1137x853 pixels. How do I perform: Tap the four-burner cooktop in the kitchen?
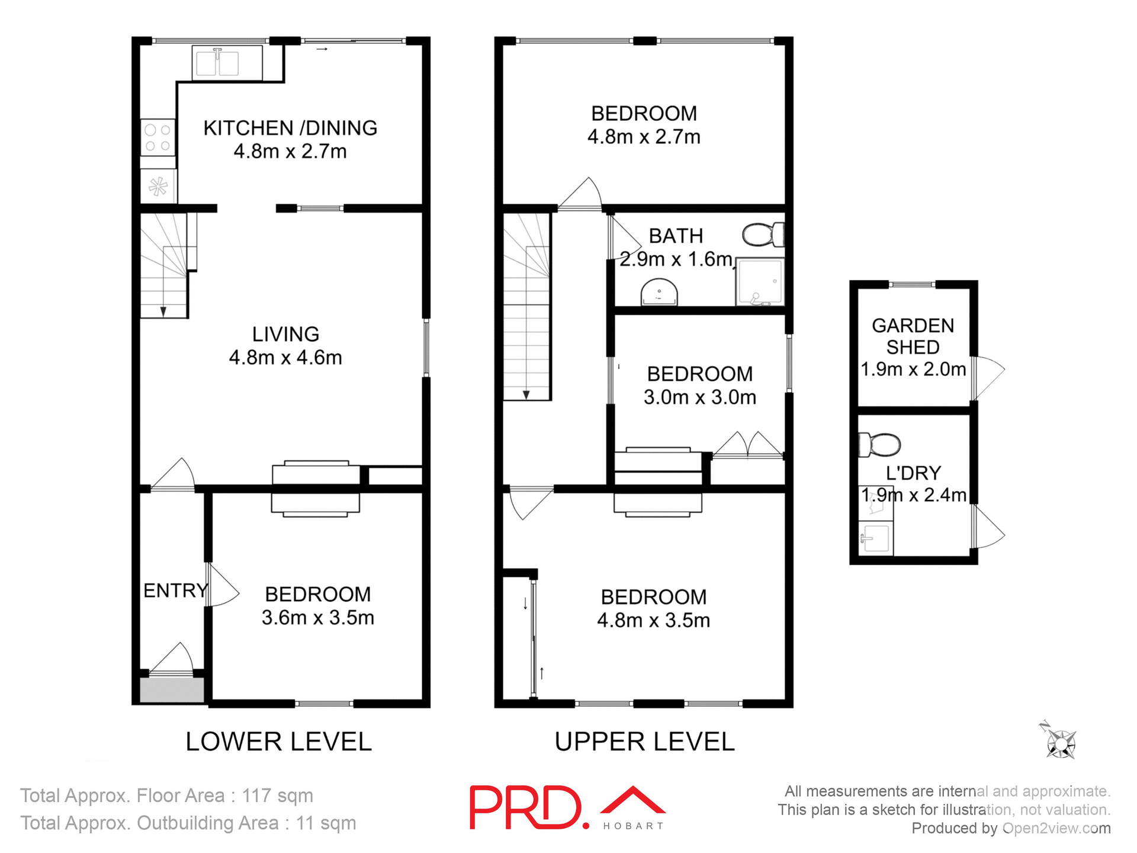click(x=158, y=137)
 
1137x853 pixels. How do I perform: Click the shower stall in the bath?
click(x=760, y=282)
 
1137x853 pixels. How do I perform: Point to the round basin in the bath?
click(x=659, y=294)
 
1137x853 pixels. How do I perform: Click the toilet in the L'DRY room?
click(x=880, y=445)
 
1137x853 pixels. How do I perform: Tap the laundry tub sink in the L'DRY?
click(x=875, y=537)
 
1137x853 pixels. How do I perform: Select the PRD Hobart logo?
click(x=567, y=807)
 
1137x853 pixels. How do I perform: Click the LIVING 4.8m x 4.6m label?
click(x=285, y=346)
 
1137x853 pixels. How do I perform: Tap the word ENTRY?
click(x=175, y=591)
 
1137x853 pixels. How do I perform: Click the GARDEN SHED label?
click(x=913, y=336)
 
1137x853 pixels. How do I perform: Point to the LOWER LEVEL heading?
click(x=278, y=742)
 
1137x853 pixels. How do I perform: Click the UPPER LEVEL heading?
click(x=644, y=742)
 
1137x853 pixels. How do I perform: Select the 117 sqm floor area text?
click(x=277, y=796)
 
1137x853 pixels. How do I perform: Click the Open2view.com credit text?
click(x=1056, y=828)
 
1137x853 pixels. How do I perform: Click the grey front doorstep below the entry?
click(x=172, y=690)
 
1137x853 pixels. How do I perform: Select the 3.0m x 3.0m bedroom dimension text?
click(x=700, y=397)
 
